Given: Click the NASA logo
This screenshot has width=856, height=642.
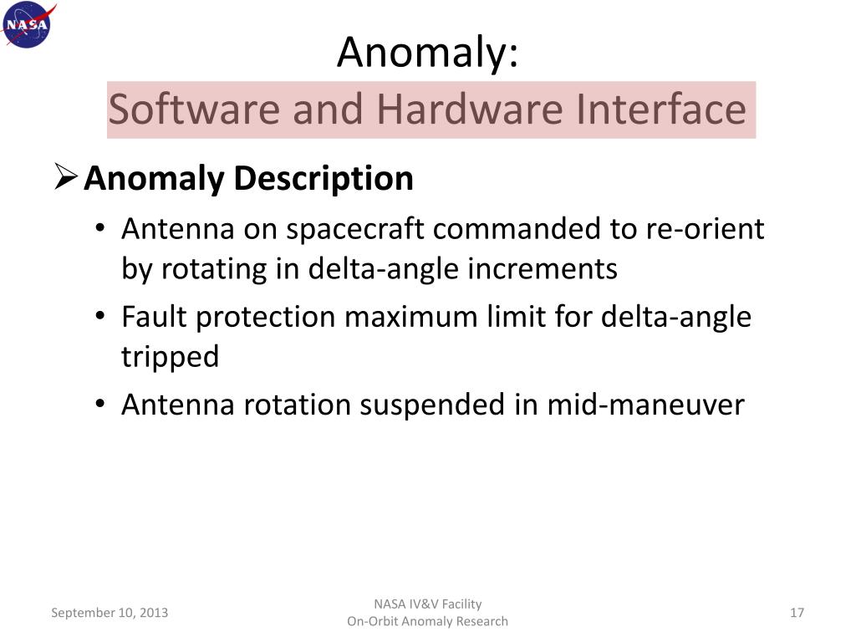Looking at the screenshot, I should click(x=28, y=25).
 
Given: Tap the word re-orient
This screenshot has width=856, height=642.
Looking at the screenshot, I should click(x=706, y=229).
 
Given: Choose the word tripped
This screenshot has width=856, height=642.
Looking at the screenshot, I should click(x=170, y=357).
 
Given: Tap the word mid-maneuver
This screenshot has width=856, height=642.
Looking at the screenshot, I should click(x=645, y=405).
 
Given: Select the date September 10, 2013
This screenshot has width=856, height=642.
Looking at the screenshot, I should click(x=110, y=613).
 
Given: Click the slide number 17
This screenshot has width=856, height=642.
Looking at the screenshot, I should click(x=797, y=613).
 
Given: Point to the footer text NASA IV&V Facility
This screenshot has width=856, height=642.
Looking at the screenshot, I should click(x=427, y=604).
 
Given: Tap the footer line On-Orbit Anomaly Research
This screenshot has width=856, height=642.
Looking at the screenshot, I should click(x=427, y=621).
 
